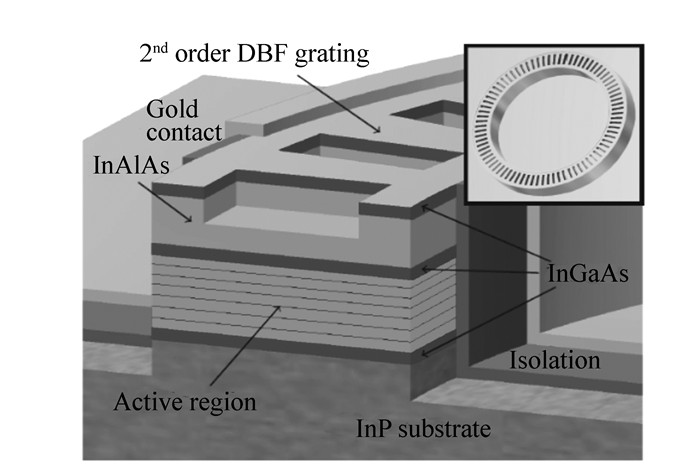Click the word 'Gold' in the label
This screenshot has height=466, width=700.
(x=169, y=107)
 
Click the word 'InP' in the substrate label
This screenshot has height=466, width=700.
(x=373, y=431)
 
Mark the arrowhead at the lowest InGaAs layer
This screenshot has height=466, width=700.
(x=424, y=352)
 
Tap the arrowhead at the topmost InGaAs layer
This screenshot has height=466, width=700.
(x=424, y=207)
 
